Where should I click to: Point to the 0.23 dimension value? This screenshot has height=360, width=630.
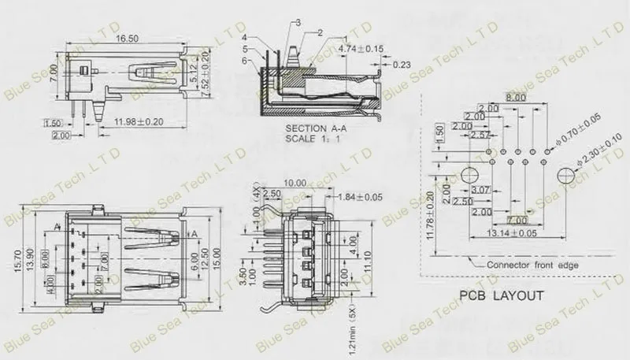tap(400, 65)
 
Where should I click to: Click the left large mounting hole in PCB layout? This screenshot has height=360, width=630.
tap(470, 174)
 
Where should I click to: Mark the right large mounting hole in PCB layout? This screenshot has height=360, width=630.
tap(566, 175)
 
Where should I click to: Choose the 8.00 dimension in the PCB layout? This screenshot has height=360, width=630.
tap(516, 97)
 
